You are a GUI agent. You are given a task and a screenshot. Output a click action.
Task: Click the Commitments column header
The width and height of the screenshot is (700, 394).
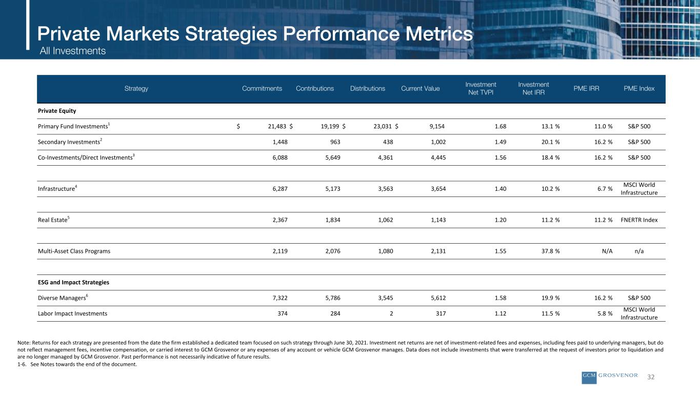tap(262, 88)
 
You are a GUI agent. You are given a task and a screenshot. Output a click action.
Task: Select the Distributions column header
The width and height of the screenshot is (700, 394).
tap(368, 88)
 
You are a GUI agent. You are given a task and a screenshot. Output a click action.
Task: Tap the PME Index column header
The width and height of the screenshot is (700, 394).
tap(639, 88)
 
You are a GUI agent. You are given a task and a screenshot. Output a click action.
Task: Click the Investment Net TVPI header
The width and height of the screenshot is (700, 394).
tap(481, 88)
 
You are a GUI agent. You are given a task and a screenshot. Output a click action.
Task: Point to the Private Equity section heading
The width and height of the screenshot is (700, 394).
tap(57, 111)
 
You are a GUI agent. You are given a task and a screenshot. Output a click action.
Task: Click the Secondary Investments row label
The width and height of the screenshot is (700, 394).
tap(70, 142)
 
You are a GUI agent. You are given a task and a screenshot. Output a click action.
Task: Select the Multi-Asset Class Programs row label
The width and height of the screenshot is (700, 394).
tap(74, 251)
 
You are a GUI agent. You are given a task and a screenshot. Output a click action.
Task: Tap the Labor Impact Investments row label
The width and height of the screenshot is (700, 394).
tap(72, 313)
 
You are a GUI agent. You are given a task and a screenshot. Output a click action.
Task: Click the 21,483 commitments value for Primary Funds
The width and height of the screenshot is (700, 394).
tap(277, 126)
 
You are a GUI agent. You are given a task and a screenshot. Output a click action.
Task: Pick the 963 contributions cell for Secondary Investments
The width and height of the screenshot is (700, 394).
tap(335, 142)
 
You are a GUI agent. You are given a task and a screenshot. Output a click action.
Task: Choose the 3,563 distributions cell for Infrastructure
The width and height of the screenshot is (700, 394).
tap(386, 189)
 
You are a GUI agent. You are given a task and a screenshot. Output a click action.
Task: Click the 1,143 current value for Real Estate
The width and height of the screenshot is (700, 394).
tap(438, 220)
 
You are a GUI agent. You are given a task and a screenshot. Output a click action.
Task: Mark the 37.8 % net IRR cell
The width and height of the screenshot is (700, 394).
tap(551, 251)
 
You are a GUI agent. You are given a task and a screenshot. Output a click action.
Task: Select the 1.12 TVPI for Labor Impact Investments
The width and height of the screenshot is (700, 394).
tap(501, 313)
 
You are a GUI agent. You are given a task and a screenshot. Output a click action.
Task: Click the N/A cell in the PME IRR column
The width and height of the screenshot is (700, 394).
tap(607, 251)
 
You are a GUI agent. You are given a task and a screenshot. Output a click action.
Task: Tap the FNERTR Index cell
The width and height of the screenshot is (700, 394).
tap(639, 220)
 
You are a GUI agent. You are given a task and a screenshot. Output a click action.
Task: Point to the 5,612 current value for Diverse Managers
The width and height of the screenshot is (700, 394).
tap(438, 298)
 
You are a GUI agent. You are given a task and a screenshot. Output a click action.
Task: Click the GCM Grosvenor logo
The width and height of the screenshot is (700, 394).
tap(610, 377)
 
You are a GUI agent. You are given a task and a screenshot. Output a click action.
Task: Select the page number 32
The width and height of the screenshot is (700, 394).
tap(651, 377)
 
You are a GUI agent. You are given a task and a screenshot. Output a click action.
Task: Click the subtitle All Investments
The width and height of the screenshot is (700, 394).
tap(72, 51)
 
